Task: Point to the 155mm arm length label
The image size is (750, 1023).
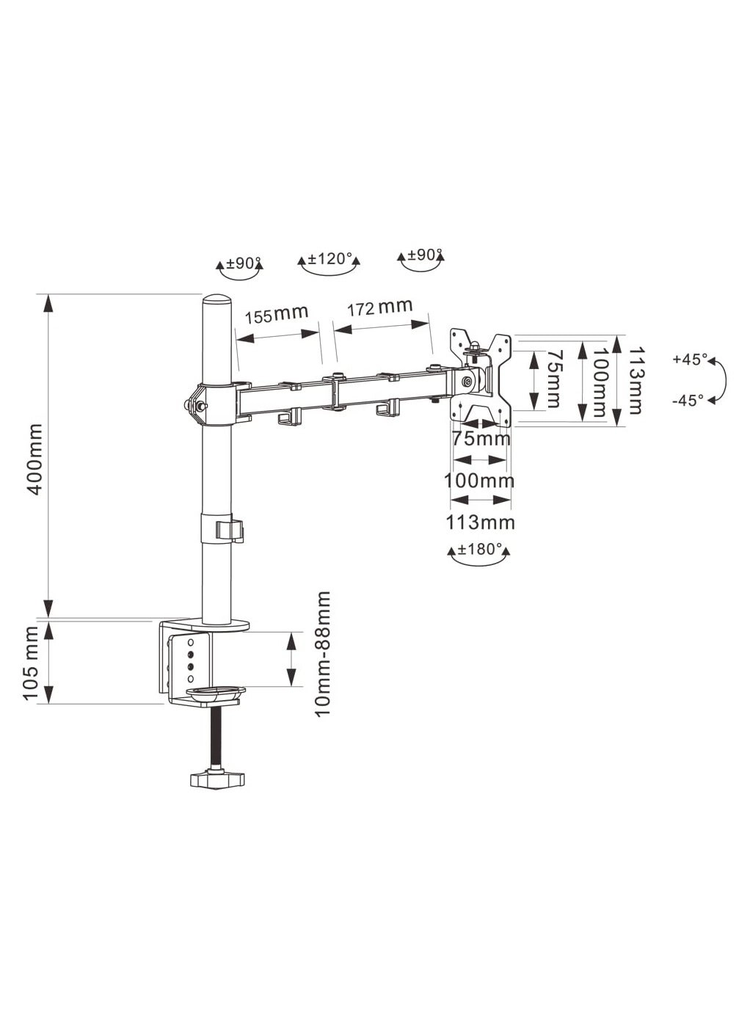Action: tap(276, 315)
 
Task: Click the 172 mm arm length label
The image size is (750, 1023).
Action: tap(379, 307)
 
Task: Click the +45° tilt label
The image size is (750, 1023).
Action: tap(690, 360)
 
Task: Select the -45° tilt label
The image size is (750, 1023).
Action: tap(688, 400)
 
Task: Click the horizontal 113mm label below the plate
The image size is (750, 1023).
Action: tap(481, 523)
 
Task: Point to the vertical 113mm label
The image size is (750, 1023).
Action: tap(634, 381)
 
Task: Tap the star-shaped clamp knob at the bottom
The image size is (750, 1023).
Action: tap(218, 779)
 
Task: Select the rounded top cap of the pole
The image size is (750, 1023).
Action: tap(216, 302)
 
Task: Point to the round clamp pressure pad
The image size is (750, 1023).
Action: tap(215, 691)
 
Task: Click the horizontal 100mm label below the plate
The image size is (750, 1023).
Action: tap(479, 481)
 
